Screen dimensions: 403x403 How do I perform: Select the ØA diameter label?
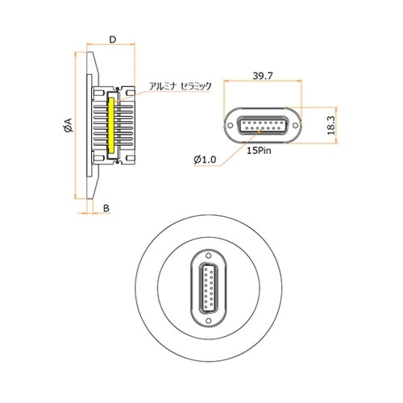(68, 126)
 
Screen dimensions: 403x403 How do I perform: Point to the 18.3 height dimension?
(331, 127)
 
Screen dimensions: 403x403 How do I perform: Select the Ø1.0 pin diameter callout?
(206, 160)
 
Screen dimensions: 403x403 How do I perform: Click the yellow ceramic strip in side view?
(110, 125)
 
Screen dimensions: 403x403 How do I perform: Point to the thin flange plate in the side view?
(89, 125)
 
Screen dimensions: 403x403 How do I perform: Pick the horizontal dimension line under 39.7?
(262, 82)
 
